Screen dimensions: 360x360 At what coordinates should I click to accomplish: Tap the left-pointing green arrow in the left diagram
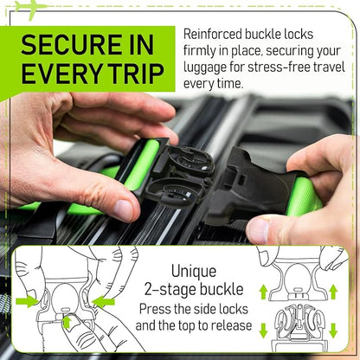point(105,301)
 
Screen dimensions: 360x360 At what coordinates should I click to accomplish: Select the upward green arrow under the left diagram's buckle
point(67,323)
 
